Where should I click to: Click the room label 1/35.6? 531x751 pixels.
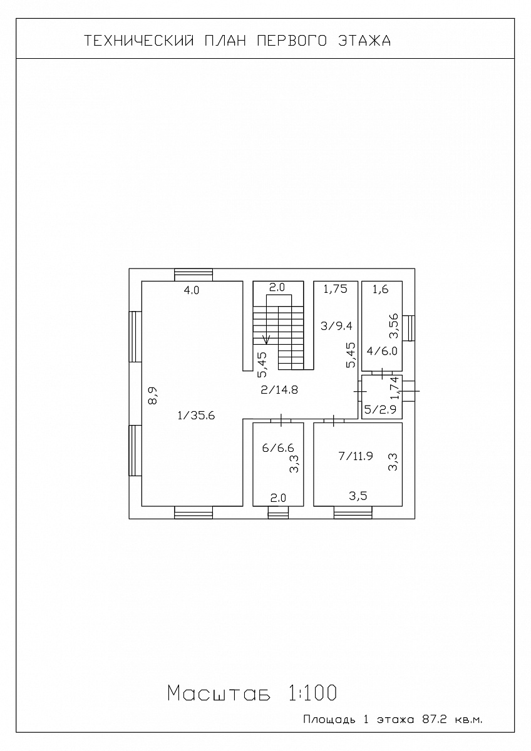[x=196, y=416]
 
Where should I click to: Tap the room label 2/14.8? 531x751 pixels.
[x=279, y=390]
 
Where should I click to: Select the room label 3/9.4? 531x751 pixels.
[x=336, y=326]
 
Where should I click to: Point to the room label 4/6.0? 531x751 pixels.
[x=382, y=351]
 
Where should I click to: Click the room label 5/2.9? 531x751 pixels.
[x=380, y=409]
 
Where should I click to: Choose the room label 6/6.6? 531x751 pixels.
[x=278, y=448]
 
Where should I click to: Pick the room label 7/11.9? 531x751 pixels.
[x=356, y=456]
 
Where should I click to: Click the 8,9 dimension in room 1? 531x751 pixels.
[x=153, y=396]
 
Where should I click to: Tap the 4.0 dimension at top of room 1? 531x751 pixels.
[x=192, y=290]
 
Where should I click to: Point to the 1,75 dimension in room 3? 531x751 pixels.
[x=335, y=289]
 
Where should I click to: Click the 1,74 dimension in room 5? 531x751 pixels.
[x=396, y=387]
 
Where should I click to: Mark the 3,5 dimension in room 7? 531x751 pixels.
[x=358, y=496]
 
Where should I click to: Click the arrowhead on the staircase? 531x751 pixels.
[x=267, y=341]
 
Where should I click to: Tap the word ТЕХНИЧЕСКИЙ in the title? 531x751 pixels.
[x=139, y=41]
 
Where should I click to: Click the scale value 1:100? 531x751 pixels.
[x=312, y=693]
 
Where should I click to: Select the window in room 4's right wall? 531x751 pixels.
[x=408, y=328]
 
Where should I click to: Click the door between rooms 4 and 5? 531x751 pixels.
[x=382, y=373]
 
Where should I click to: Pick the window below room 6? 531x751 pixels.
[x=278, y=513]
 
